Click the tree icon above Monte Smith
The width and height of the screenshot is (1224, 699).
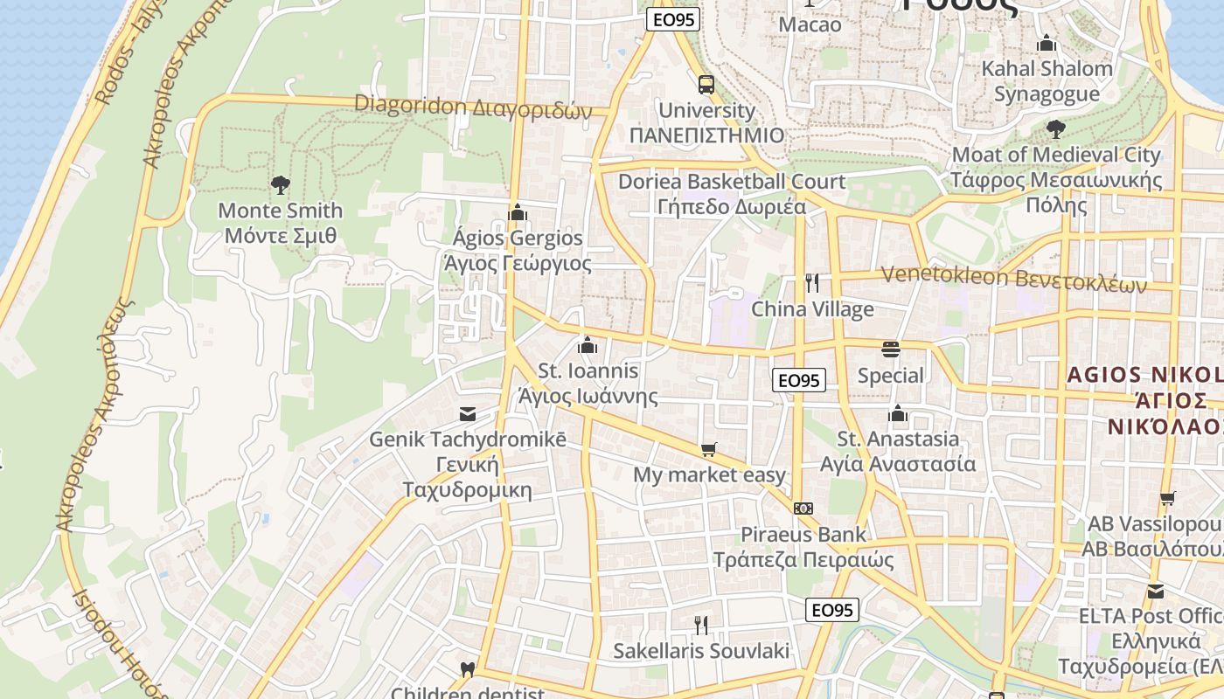280,184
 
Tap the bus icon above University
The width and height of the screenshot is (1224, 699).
706,85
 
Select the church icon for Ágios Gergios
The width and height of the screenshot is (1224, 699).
518,212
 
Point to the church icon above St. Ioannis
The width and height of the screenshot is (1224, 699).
588,345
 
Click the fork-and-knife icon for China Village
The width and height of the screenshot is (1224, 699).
812,283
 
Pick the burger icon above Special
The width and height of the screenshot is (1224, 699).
890,349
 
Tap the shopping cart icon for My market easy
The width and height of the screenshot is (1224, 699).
709,449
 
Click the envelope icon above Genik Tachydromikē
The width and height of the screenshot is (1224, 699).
468,413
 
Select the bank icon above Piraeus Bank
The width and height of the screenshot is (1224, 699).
803,508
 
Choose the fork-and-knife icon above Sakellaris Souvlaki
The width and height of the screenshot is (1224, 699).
700,625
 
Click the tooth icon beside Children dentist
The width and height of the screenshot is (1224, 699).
467,671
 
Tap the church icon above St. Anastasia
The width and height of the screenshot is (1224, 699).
897,413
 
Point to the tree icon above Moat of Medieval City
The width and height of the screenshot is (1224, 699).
1056,129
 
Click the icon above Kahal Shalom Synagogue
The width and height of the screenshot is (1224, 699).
1047,43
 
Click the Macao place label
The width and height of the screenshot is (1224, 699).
810,24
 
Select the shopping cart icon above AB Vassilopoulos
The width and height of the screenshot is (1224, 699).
1168,499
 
